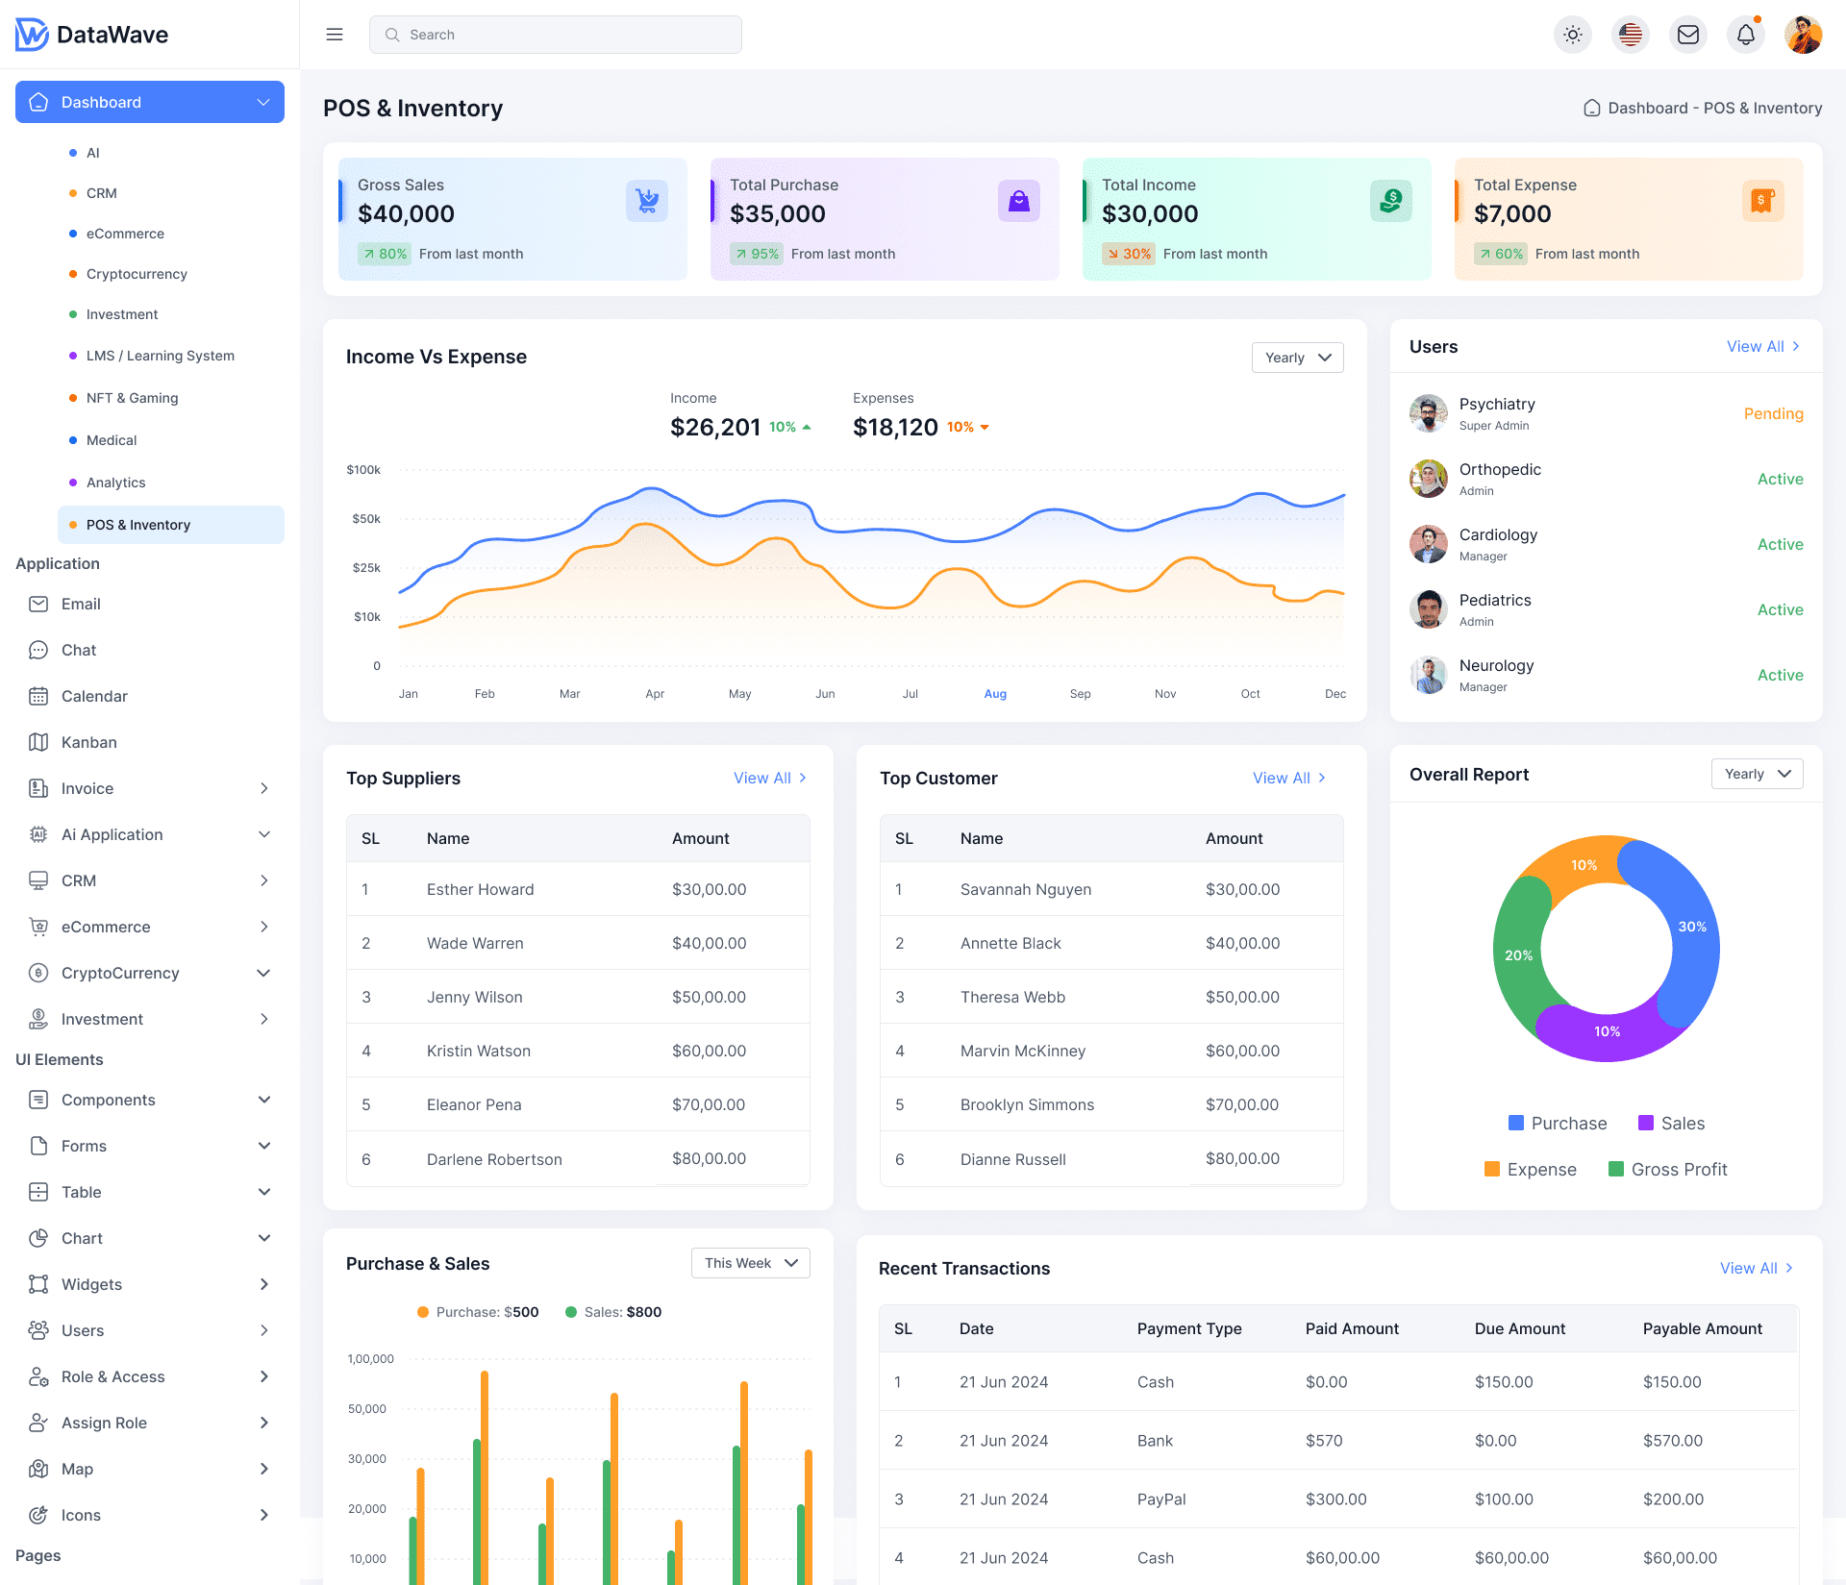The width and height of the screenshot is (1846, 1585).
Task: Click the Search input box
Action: coord(556,35)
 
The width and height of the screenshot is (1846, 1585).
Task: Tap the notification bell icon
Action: coord(1745,35)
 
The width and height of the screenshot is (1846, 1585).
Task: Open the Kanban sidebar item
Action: coord(88,742)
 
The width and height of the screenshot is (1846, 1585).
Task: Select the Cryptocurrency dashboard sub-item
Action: coord(137,274)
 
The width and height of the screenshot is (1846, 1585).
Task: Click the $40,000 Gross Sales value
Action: coord(406,214)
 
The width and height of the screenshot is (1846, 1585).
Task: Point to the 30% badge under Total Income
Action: coord(1129,254)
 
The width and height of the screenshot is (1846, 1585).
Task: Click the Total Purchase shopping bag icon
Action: coord(1018,201)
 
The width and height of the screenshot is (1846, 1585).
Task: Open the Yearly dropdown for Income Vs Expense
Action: coord(1297,358)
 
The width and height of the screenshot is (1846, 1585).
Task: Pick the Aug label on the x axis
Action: coord(995,694)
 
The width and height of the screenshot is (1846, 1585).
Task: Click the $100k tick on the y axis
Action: coord(363,470)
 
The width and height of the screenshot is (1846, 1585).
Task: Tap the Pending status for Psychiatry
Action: coord(1773,413)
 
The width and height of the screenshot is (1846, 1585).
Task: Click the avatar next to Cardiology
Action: coord(1429,544)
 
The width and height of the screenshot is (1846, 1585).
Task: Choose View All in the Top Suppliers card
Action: coord(769,778)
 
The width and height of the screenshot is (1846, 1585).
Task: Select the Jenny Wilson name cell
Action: coord(475,997)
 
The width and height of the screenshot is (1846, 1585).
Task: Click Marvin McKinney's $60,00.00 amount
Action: coord(1242,1051)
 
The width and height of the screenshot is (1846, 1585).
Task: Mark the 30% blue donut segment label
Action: coord(1692,927)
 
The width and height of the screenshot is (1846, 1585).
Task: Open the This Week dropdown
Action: coord(750,1263)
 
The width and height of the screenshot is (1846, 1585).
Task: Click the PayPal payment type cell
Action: coord(1161,1499)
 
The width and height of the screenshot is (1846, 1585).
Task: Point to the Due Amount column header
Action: coord(1520,1328)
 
